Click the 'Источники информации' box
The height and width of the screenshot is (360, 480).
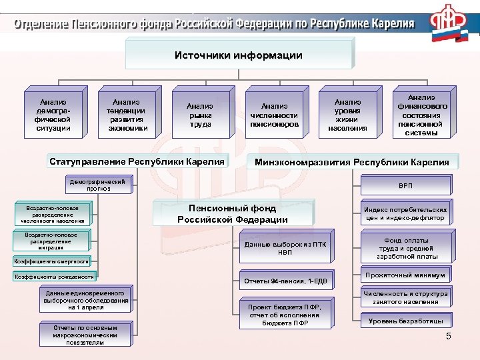coord(238,55)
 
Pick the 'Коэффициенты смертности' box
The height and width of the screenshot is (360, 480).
coord(52,261)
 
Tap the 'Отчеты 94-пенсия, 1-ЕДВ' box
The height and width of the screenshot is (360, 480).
coord(286,281)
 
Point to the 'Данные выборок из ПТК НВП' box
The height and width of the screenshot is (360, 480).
coord(286,248)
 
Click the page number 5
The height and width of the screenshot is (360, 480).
coord(449,336)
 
